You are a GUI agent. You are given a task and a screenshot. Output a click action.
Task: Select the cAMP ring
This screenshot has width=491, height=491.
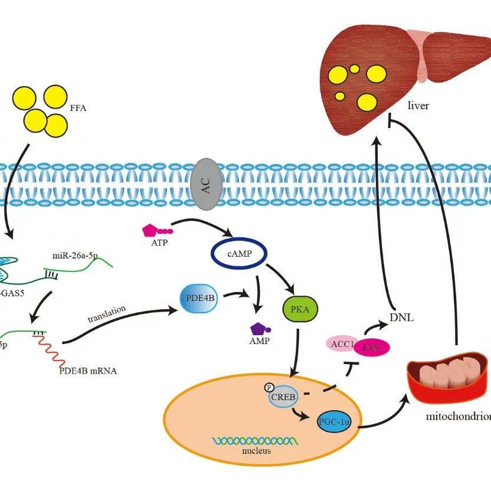pos(239,253)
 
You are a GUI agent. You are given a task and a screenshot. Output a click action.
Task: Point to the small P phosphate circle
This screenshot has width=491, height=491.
pos(268,389)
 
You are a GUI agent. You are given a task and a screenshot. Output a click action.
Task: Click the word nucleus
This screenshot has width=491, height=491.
pos(256,451)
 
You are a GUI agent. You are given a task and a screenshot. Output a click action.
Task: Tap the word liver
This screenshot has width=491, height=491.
pos(418,106)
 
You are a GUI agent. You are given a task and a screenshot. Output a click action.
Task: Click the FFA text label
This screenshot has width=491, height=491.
pos(78,108)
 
